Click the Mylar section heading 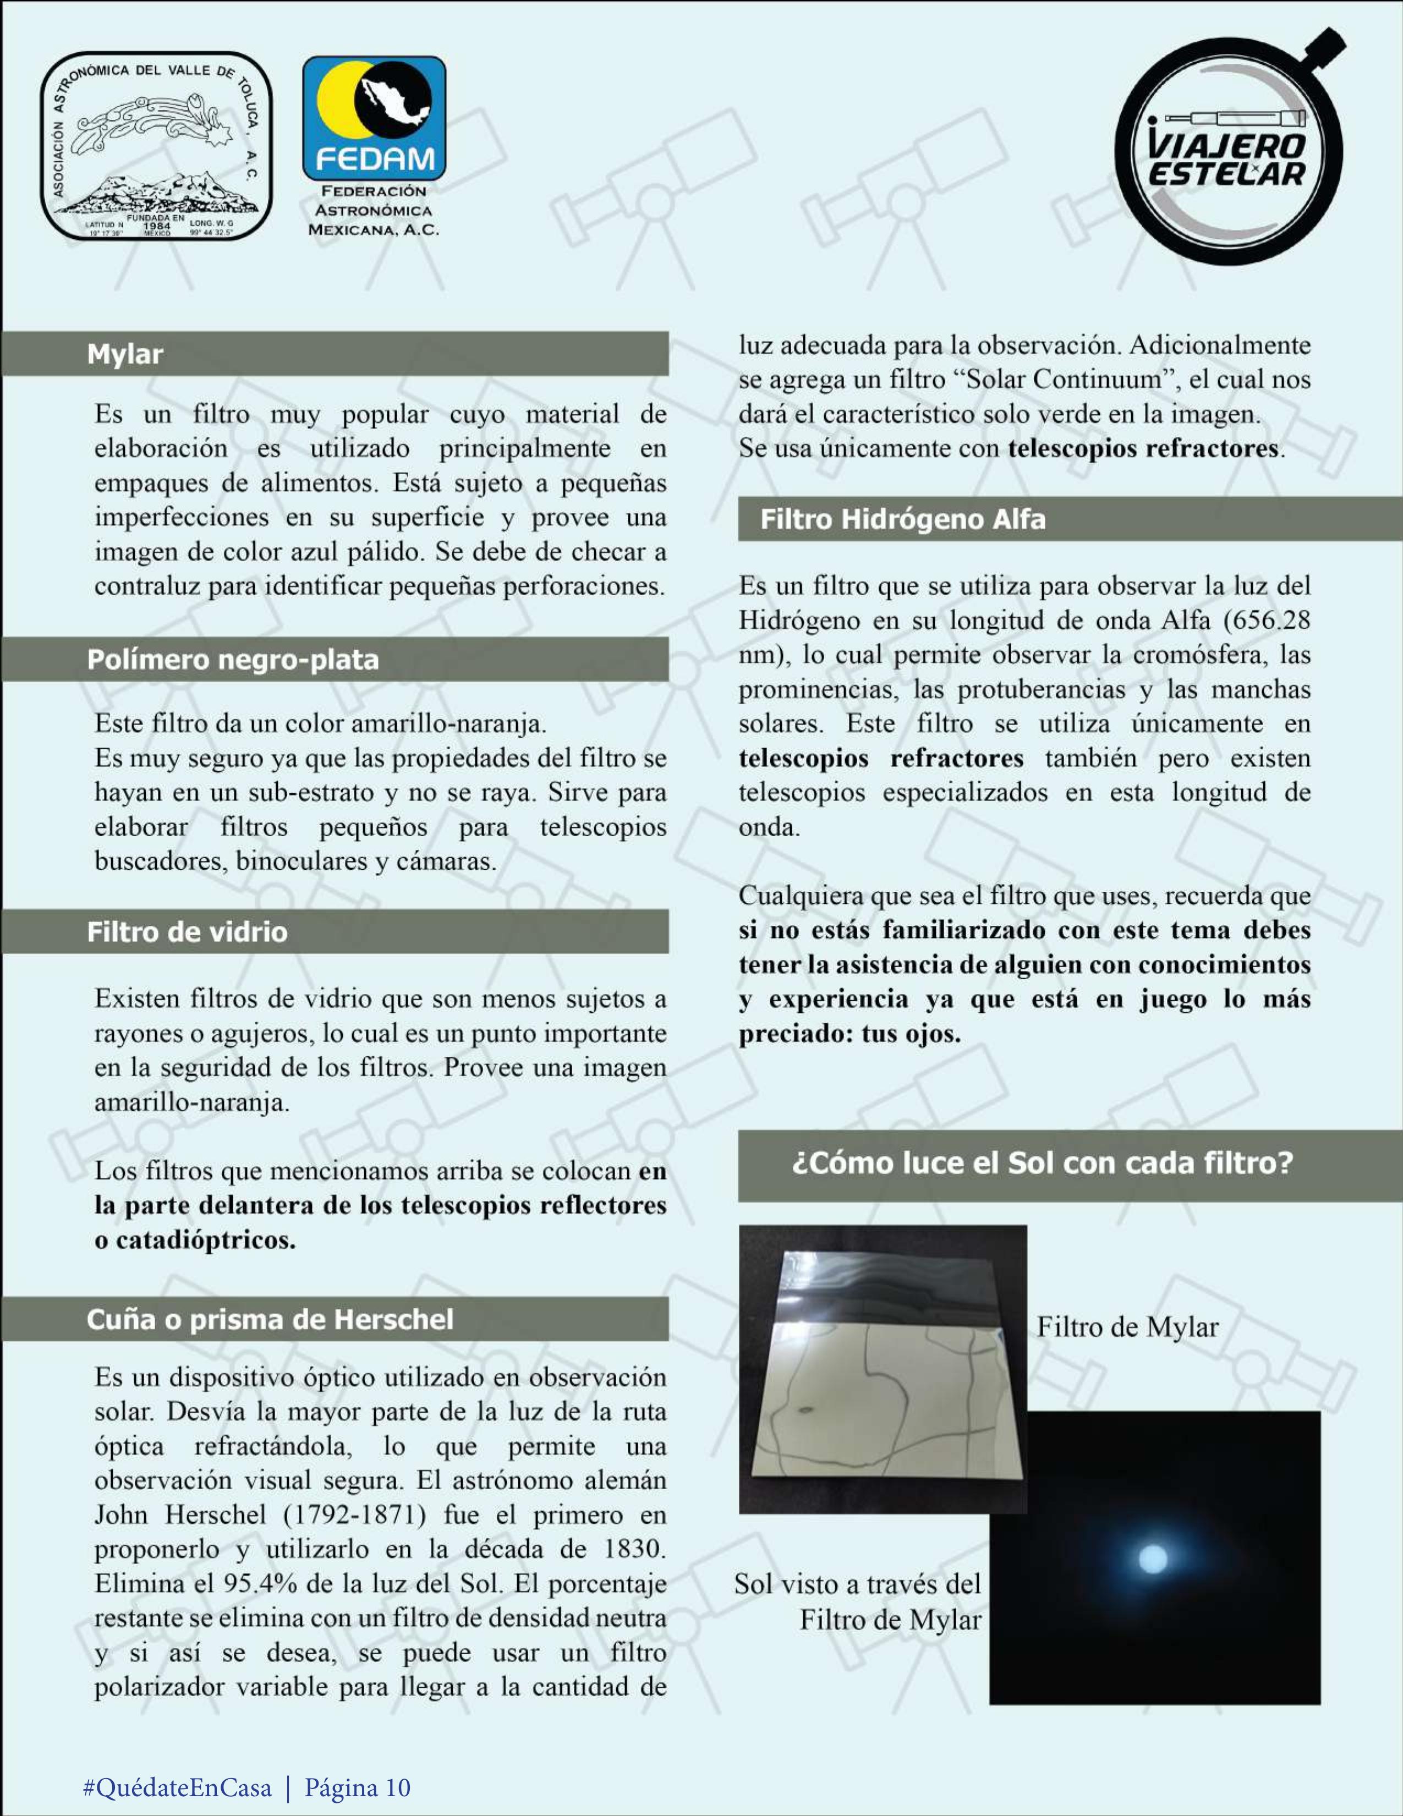(x=125, y=354)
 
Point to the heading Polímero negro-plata (x=233, y=660)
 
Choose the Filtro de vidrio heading (x=187, y=931)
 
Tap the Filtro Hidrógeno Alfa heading (x=902, y=519)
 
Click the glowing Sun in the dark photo (x=1152, y=1557)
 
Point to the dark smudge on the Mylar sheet (x=805, y=1410)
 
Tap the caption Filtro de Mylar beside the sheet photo (x=1127, y=1326)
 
